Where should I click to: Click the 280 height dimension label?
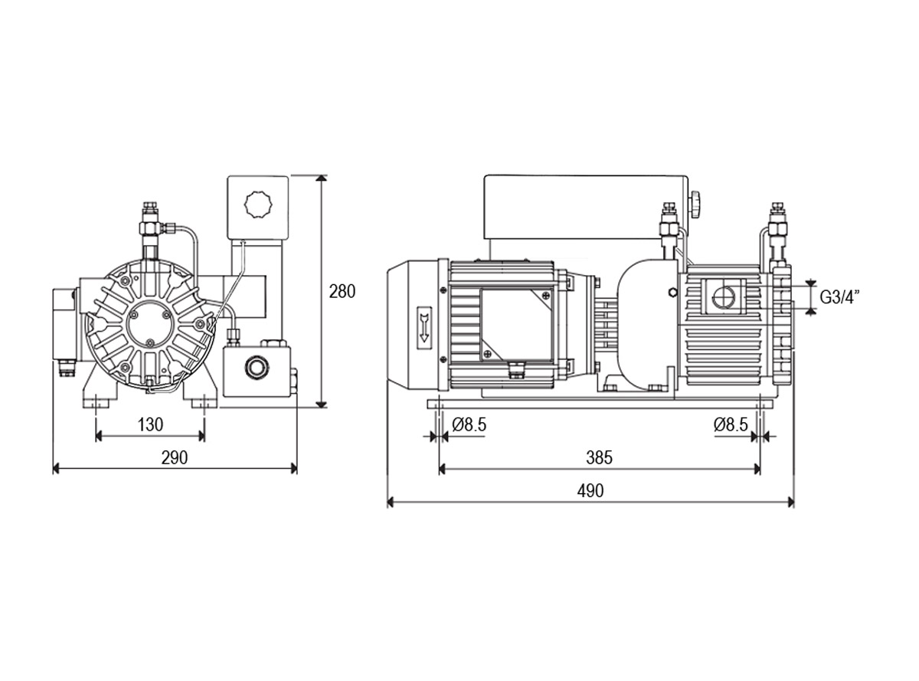pos(342,292)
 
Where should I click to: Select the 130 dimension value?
pos(150,424)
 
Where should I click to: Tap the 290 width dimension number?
pos(175,457)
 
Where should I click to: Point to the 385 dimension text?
pos(599,457)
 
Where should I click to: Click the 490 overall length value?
pos(590,491)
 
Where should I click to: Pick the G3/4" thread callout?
pos(836,296)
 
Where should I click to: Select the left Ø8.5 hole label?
pos(469,424)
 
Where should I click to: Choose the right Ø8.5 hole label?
pos(731,424)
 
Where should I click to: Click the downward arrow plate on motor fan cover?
pos(424,326)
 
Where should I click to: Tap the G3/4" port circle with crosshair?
pos(724,296)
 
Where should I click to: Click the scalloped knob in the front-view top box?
pos(258,204)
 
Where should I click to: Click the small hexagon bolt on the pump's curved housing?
pos(673,293)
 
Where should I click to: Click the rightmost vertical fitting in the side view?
pos(776,231)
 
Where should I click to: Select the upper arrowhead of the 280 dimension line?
pos(321,179)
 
